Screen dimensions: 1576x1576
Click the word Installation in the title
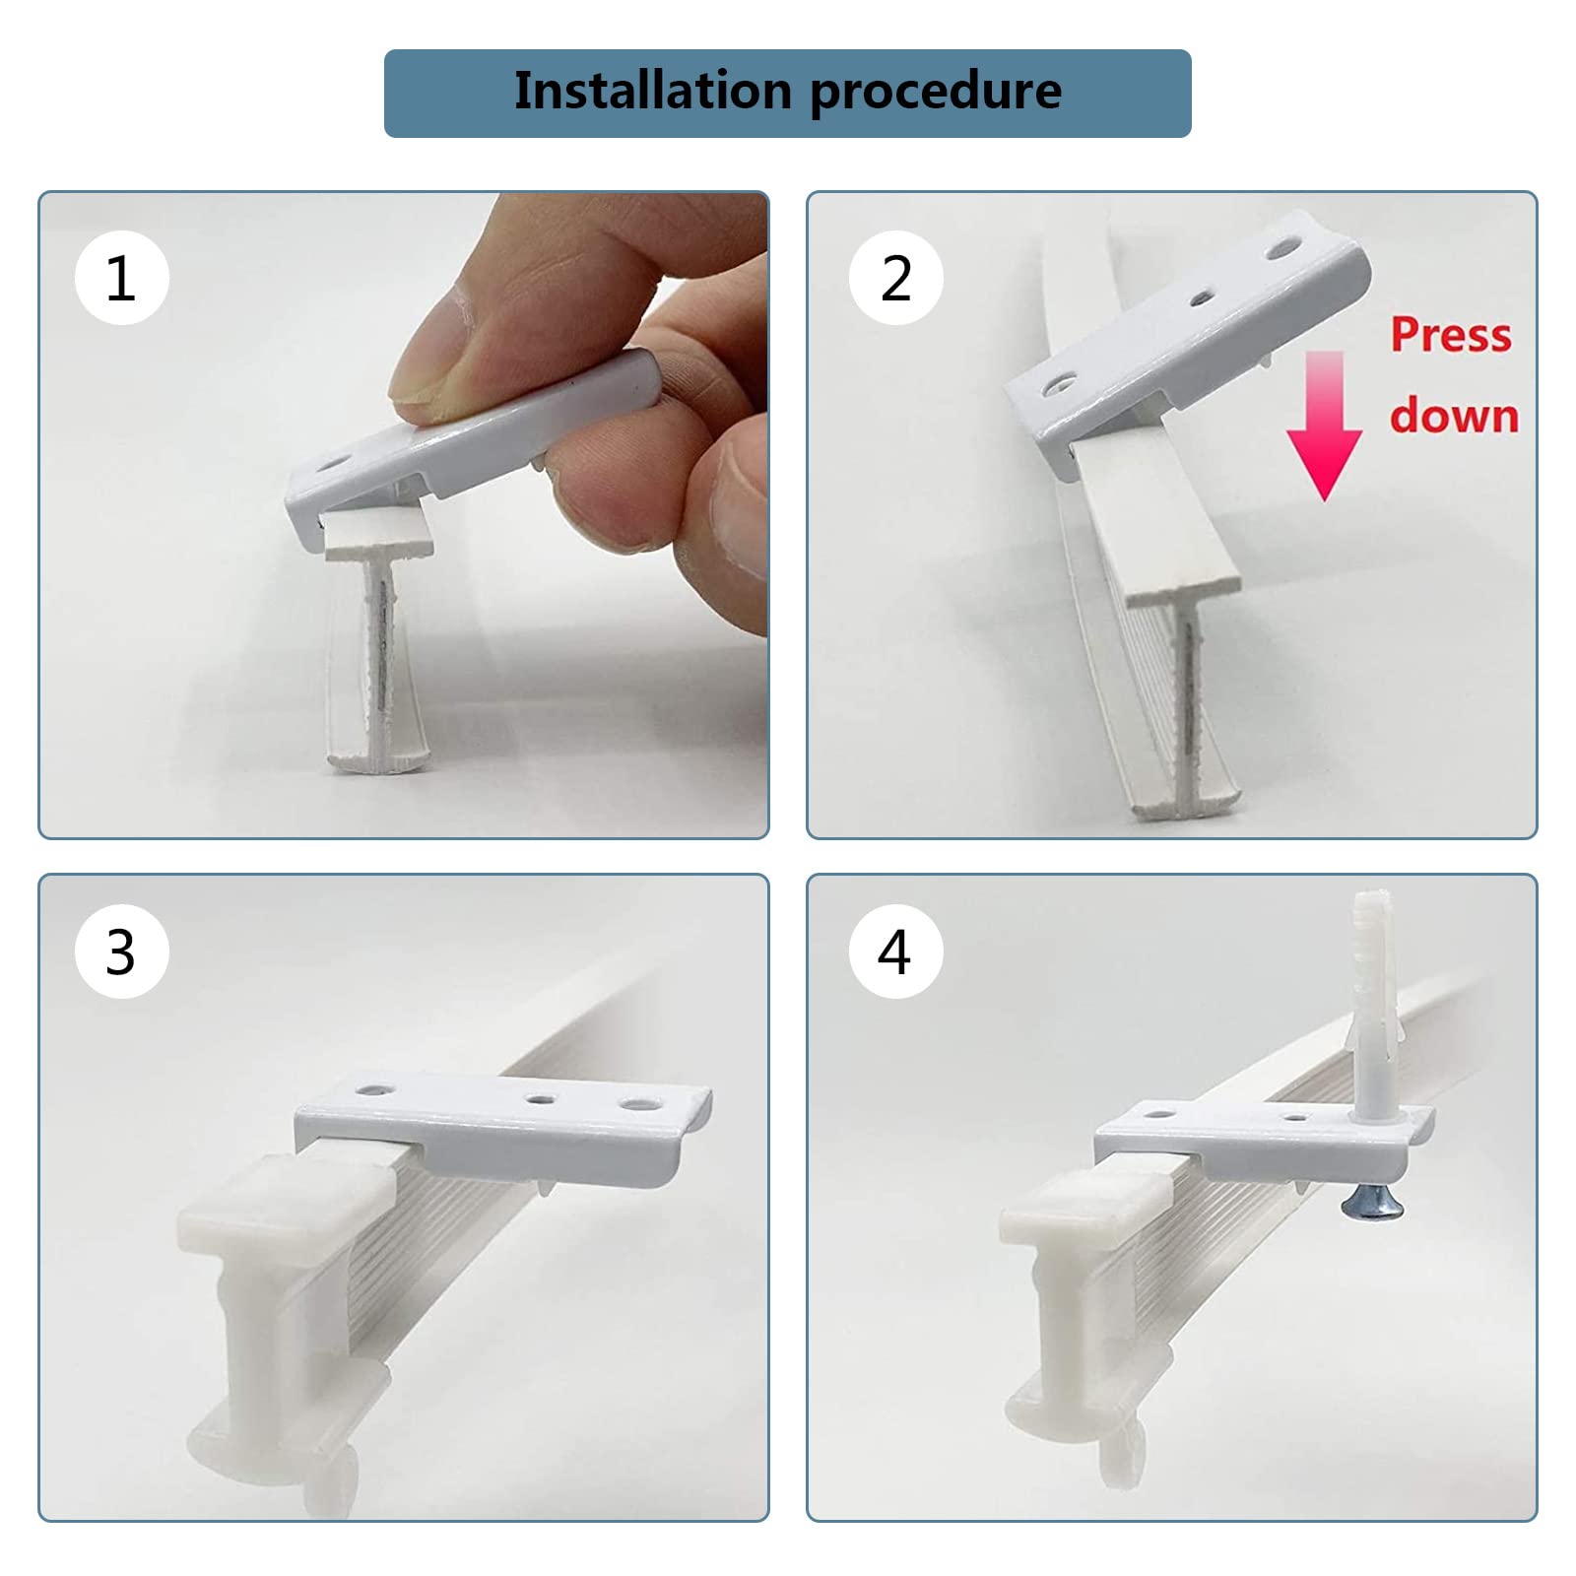click(x=652, y=91)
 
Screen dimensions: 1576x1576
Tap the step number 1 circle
click(x=122, y=278)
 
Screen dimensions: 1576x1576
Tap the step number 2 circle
click(x=895, y=278)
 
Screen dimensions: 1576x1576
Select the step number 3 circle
click(x=122, y=952)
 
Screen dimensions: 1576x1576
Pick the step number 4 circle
click(x=895, y=952)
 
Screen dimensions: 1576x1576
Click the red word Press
click(x=1451, y=336)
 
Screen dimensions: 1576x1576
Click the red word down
click(x=1454, y=416)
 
